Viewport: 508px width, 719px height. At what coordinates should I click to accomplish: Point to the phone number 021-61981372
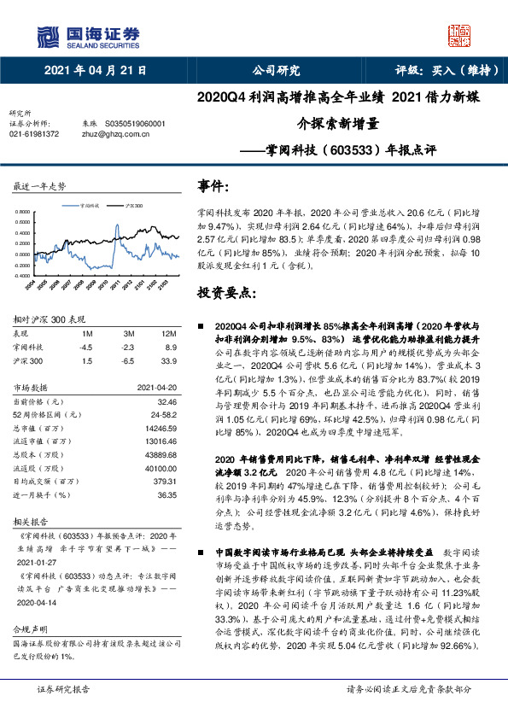pos(34,134)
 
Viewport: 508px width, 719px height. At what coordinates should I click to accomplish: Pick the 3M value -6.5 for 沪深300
pos(128,360)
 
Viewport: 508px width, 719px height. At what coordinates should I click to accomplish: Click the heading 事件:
pos(214,185)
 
